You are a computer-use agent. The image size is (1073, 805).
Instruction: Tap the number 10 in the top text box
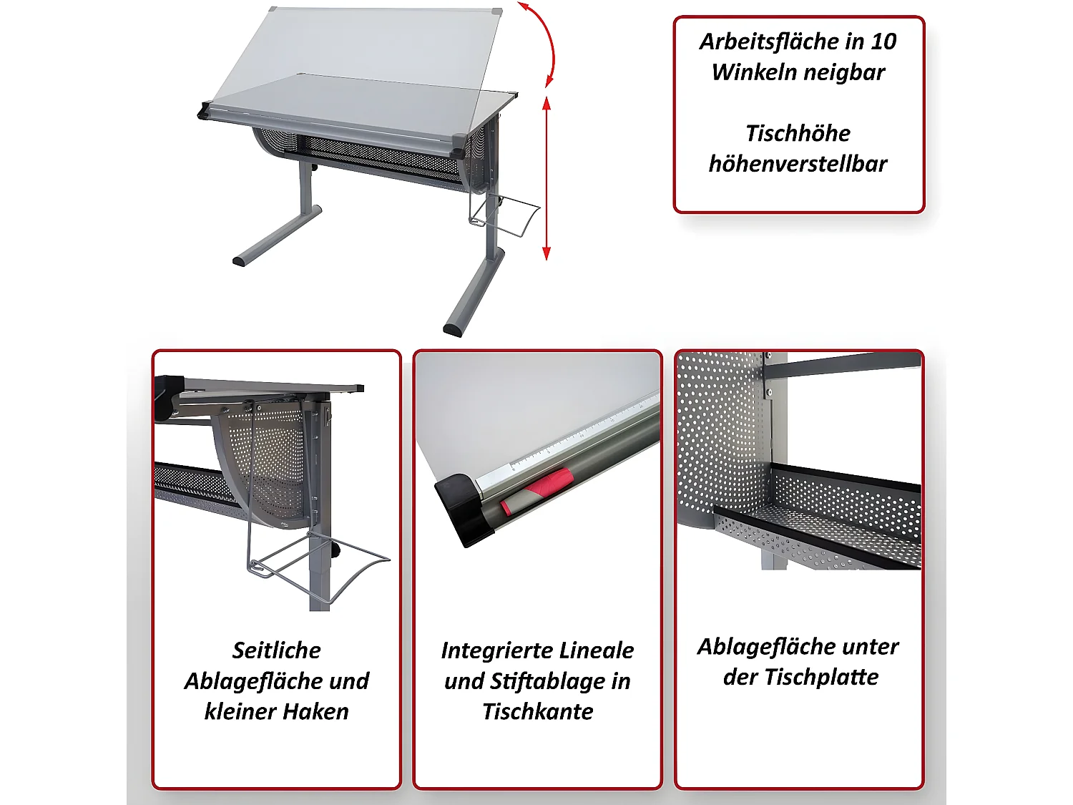[882, 42]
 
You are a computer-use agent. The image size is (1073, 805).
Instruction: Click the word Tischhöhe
[798, 133]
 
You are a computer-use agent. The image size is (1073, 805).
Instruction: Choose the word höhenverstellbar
[798, 163]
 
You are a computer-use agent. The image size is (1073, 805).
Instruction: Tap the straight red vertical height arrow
[547, 178]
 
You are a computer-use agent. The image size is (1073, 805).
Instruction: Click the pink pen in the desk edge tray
[536, 489]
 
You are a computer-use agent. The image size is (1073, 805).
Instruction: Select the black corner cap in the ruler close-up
[464, 508]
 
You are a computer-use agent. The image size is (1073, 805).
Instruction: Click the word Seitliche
[276, 650]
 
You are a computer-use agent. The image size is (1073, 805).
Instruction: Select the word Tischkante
[538, 712]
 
